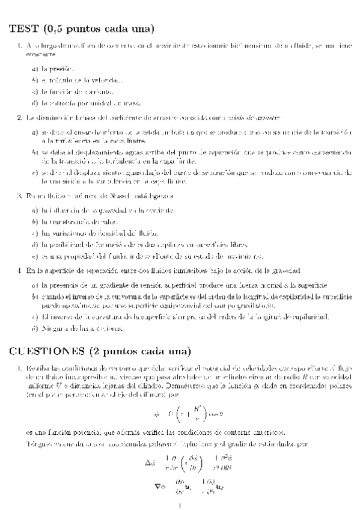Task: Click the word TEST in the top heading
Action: point(22,28)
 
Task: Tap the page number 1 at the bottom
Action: point(180,506)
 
